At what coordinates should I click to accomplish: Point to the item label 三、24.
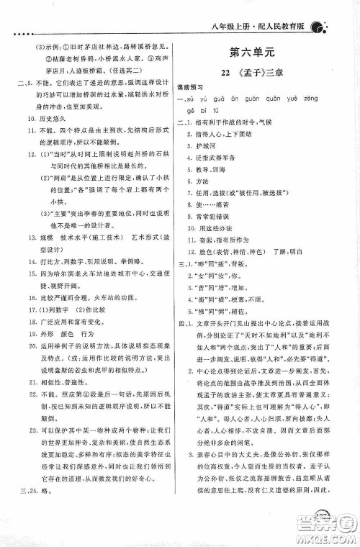[27, 492]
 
